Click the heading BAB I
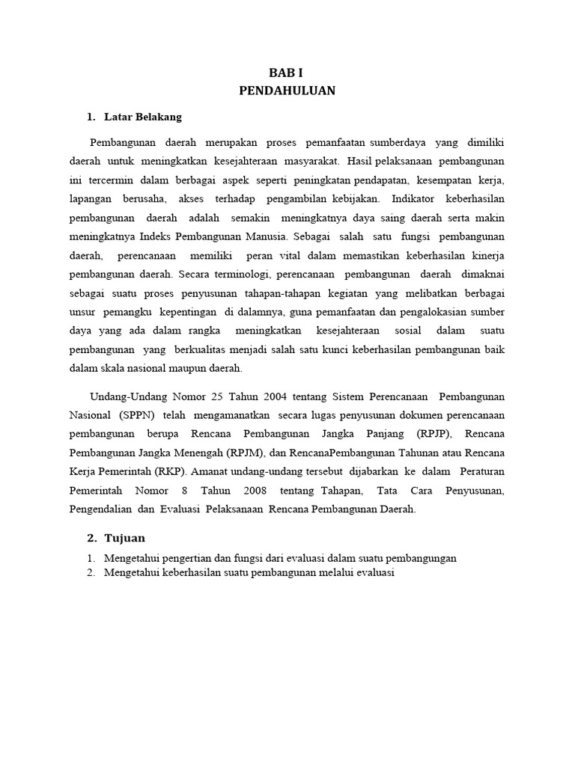pyautogui.click(x=287, y=73)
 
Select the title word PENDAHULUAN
pyautogui.click(x=287, y=91)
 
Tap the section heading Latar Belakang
pyautogui.click(x=143, y=117)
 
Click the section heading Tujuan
pyautogui.click(x=125, y=538)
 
